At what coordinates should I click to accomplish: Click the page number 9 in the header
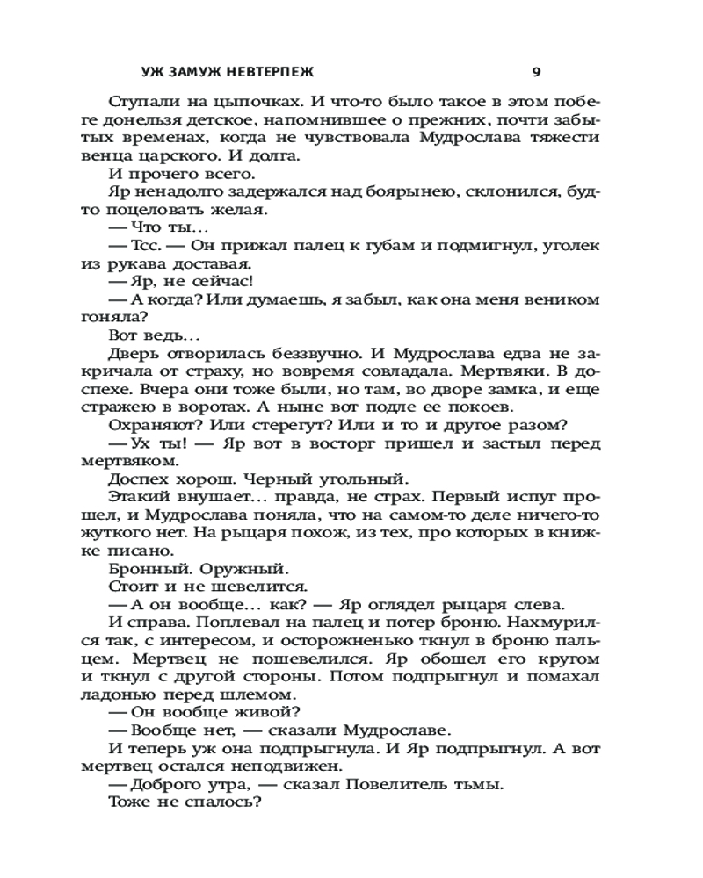click(536, 72)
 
